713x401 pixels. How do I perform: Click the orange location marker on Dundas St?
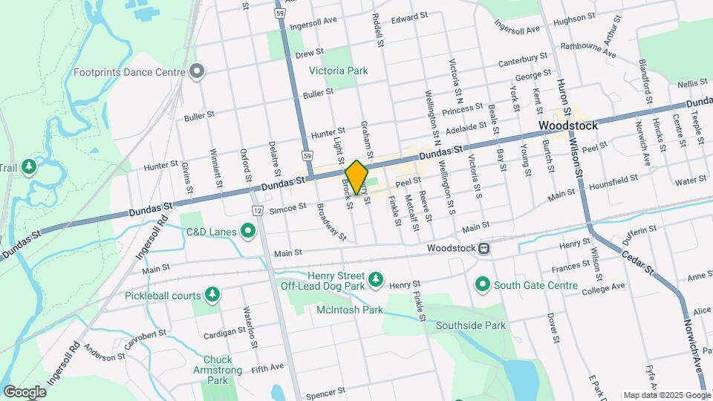pyautogui.click(x=356, y=177)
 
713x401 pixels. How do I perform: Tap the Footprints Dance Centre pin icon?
pyautogui.click(x=197, y=72)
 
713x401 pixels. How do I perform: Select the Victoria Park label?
pyautogui.click(x=338, y=71)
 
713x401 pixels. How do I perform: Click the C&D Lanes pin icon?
pyautogui.click(x=249, y=233)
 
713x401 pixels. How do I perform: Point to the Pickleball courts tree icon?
pyautogui.click(x=212, y=295)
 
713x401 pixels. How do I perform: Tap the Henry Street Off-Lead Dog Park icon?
pyautogui.click(x=377, y=278)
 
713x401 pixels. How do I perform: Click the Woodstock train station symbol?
pyautogui.click(x=484, y=248)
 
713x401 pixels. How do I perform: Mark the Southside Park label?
pyautogui.click(x=470, y=325)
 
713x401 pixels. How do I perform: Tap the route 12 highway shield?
pyautogui.click(x=257, y=212)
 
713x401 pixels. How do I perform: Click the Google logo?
pyautogui.click(x=25, y=391)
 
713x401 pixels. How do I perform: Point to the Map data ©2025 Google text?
pyautogui.click(x=665, y=394)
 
